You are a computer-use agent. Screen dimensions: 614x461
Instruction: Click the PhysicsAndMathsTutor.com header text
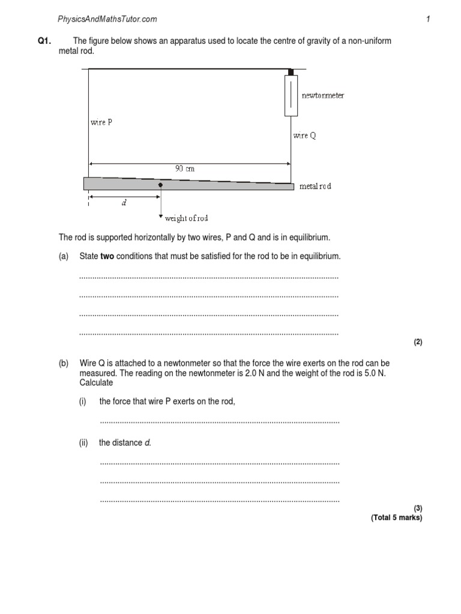tap(107, 19)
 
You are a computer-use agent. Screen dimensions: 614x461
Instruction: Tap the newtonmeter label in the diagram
tap(322, 95)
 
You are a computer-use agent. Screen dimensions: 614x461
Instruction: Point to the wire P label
tap(101, 122)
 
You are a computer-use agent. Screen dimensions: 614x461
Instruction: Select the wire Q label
tap(304, 136)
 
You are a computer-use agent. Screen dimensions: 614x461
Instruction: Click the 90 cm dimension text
tap(185, 169)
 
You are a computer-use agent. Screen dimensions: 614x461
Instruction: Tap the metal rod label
tap(315, 186)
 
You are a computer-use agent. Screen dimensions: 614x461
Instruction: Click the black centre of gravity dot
tap(160, 185)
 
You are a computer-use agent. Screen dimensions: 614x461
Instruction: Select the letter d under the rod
tap(124, 203)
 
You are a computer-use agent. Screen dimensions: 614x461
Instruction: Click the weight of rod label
tap(187, 219)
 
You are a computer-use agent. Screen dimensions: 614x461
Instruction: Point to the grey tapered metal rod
tap(120, 183)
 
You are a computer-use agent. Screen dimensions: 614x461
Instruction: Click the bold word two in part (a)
tap(107, 256)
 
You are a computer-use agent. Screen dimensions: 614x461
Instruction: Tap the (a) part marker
tap(64, 256)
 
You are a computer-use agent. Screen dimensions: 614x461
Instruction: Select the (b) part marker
tap(64, 363)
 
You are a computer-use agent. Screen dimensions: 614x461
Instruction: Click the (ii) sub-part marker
tap(83, 443)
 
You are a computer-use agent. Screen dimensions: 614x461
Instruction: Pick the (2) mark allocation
tap(418, 342)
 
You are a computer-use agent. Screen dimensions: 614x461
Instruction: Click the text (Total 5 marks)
tap(396, 517)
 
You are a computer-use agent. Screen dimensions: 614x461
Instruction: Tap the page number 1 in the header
tap(428, 19)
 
